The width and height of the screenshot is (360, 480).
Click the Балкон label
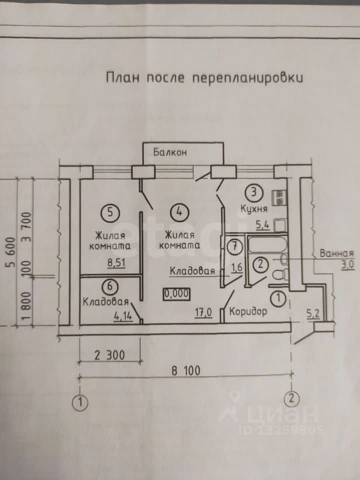click(170, 152)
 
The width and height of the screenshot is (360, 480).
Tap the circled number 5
click(110, 212)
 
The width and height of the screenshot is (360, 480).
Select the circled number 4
click(179, 212)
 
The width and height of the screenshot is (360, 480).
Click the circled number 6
click(110, 286)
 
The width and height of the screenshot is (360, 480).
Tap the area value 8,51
click(116, 263)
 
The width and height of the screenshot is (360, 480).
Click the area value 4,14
click(123, 316)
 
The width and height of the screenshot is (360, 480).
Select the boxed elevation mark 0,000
click(176, 294)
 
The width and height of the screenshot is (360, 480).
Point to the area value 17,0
click(204, 312)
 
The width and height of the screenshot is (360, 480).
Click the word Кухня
click(254, 209)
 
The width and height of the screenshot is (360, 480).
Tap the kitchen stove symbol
click(279, 198)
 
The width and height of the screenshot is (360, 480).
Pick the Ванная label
click(336, 253)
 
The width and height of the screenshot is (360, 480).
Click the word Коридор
click(248, 311)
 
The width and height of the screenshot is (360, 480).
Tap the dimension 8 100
click(186, 370)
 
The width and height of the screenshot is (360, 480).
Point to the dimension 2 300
click(109, 355)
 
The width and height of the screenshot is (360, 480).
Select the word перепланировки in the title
click(247, 78)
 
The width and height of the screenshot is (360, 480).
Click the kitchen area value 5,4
click(262, 226)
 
